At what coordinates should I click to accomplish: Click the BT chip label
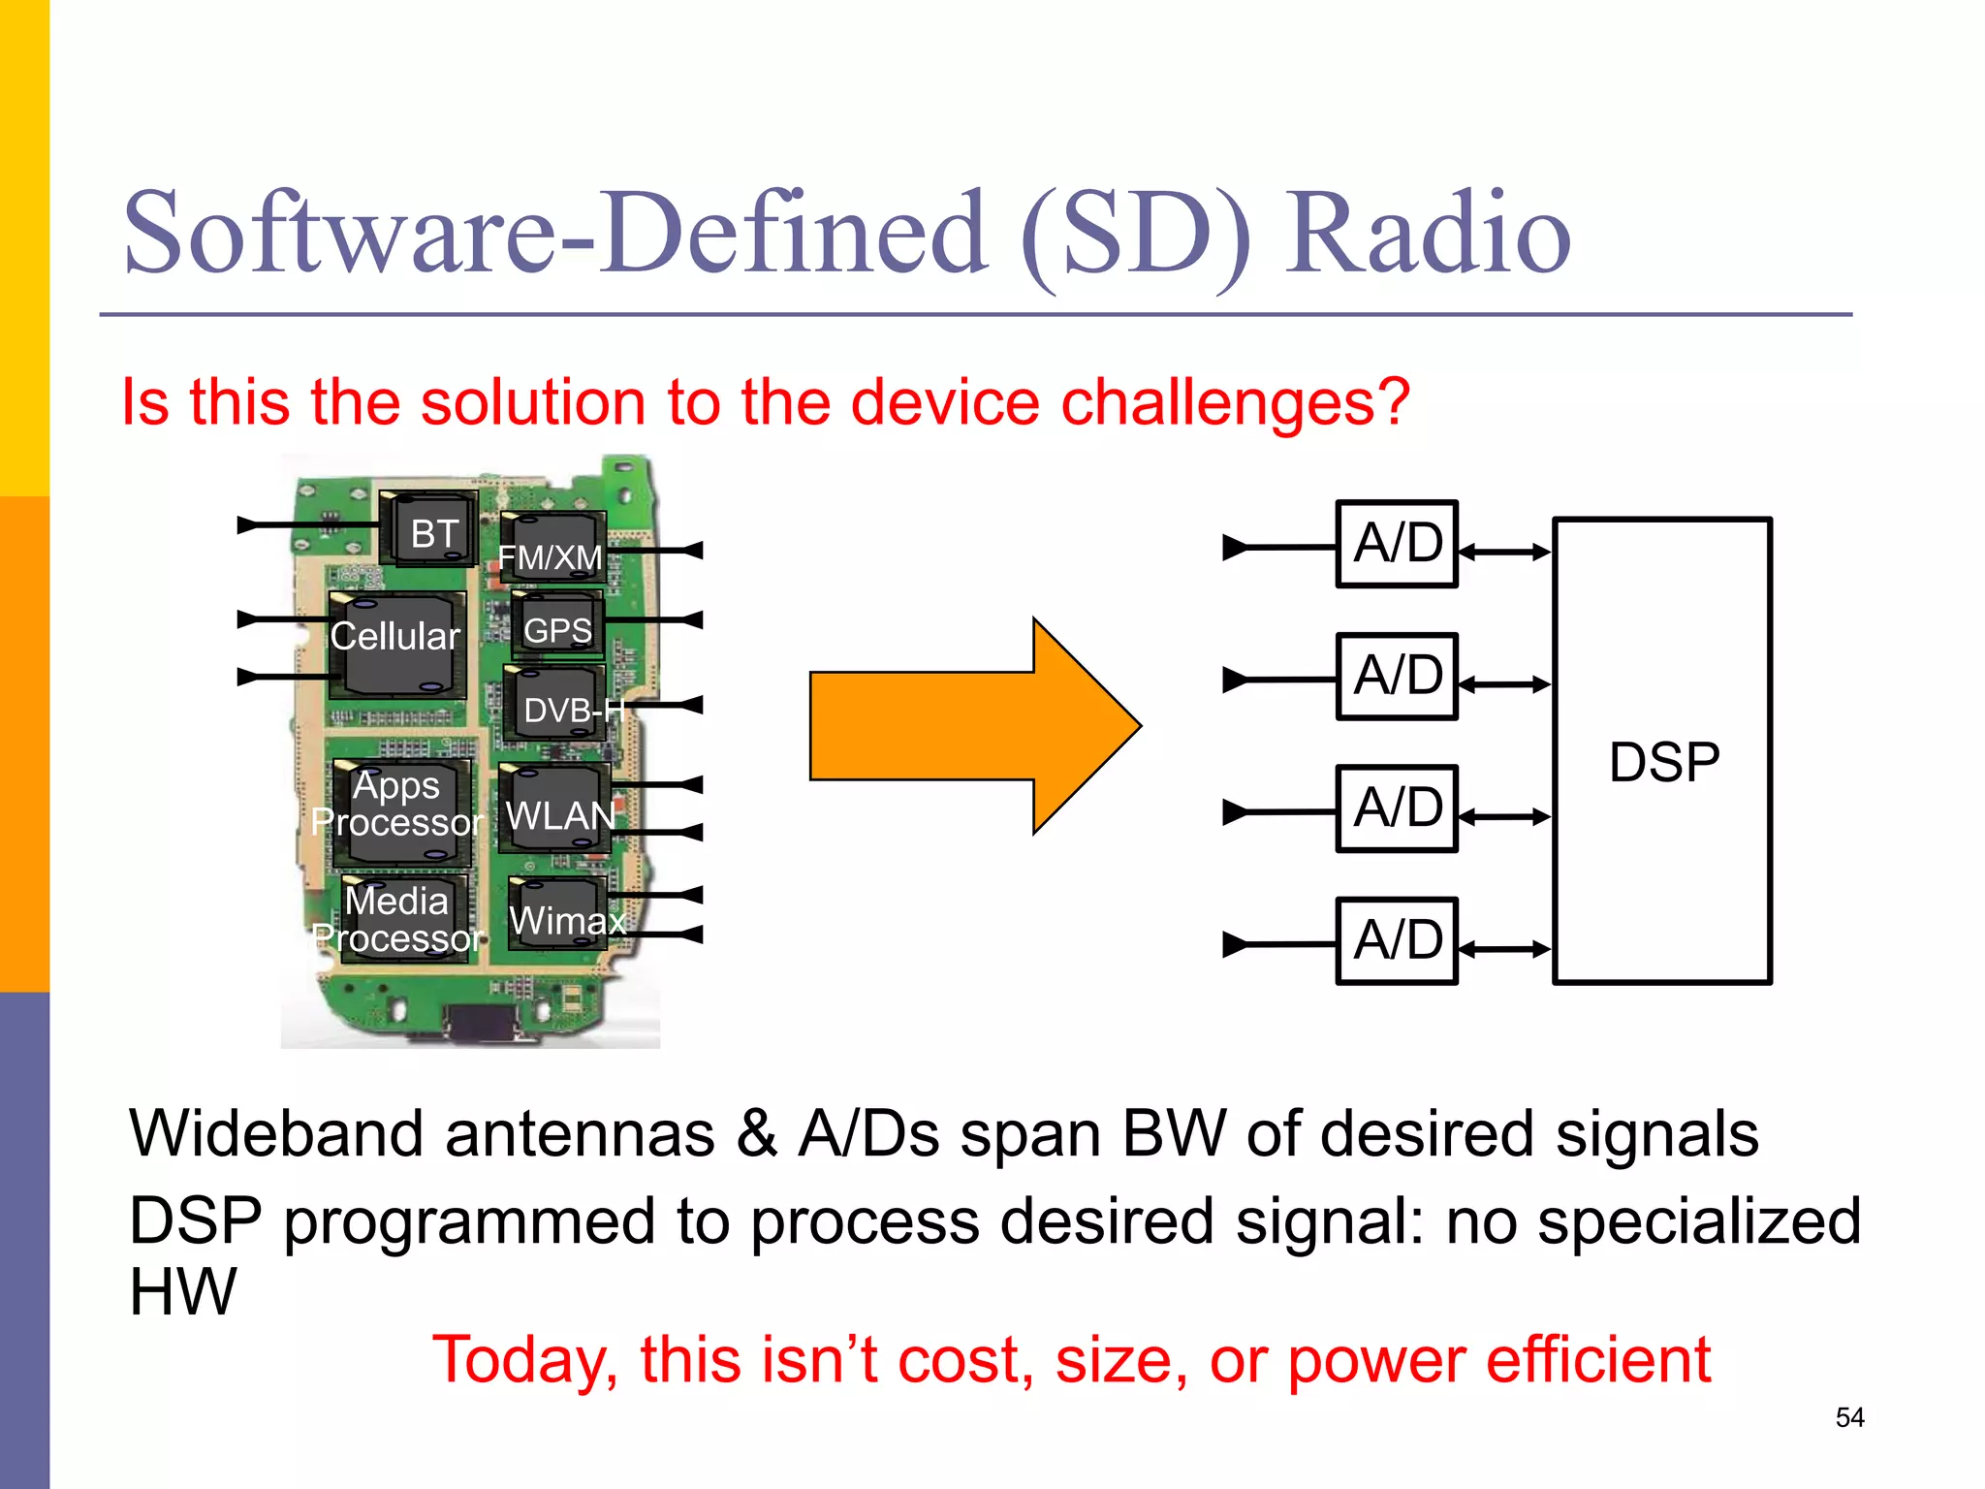433,534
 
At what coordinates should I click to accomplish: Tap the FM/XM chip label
550,557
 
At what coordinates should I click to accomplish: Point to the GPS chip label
557,630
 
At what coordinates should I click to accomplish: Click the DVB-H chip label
572,711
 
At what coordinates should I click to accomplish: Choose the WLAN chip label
560,816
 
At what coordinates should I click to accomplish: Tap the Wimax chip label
567,920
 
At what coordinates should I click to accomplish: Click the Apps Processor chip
398,805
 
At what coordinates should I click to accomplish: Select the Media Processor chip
398,919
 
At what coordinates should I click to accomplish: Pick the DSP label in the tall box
1664,762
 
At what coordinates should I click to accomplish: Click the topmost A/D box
1397,544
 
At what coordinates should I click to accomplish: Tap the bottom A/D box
1397,940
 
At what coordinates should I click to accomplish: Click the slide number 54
1849,1417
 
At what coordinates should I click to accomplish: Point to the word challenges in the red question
1236,401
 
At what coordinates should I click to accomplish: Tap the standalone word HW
182,1291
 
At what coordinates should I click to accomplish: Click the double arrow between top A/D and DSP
1505,553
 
